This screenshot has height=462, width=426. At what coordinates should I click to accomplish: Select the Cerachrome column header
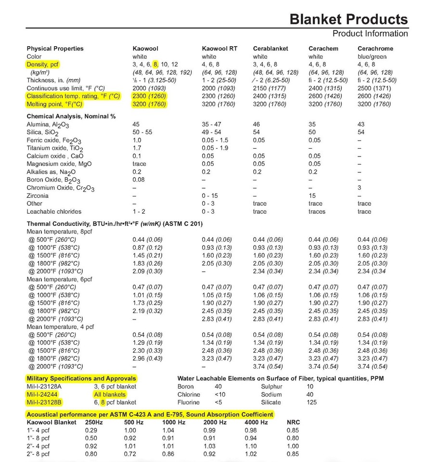point(375,49)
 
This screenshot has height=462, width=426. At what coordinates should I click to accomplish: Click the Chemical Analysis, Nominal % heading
point(71,116)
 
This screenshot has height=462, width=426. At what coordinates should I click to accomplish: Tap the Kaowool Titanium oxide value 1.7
point(137,148)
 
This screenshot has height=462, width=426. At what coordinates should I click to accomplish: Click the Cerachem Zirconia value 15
point(312,196)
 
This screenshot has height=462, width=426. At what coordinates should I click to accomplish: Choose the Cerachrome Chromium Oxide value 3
point(359,188)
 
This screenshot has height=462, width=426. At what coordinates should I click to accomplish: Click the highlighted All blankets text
point(110,395)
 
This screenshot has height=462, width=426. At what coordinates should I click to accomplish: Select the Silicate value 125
point(311,402)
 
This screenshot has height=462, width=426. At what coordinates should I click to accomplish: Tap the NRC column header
point(293,422)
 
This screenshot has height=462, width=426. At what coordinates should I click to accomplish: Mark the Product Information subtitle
point(370,33)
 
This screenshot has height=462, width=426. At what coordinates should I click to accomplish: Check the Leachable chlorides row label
point(54,211)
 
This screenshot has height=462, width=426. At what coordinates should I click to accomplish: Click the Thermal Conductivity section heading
point(115,224)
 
